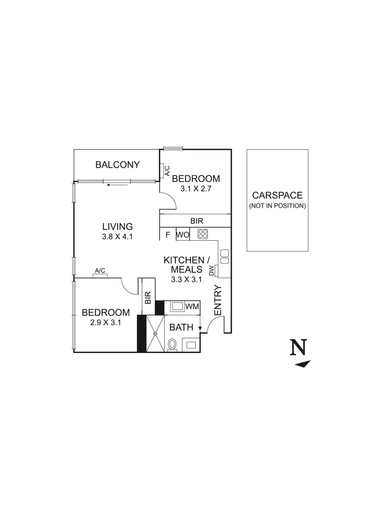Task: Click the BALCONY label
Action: (x=118, y=164)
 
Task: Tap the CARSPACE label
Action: (x=277, y=195)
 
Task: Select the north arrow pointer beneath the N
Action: (x=303, y=364)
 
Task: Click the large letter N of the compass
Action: (x=299, y=348)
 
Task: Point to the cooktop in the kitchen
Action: (x=202, y=234)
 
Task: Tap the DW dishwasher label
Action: (x=212, y=271)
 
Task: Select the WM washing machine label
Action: (x=192, y=306)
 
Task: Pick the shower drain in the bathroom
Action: (x=155, y=333)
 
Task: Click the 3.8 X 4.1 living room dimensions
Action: (x=117, y=237)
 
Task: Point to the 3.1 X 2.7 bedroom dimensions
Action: (x=196, y=188)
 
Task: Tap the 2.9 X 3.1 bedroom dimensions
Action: (x=105, y=322)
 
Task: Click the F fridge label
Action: (x=168, y=235)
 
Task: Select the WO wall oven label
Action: (x=183, y=235)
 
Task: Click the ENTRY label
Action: (x=218, y=299)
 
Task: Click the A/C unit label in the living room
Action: (x=100, y=270)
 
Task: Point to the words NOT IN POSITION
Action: (x=277, y=206)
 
